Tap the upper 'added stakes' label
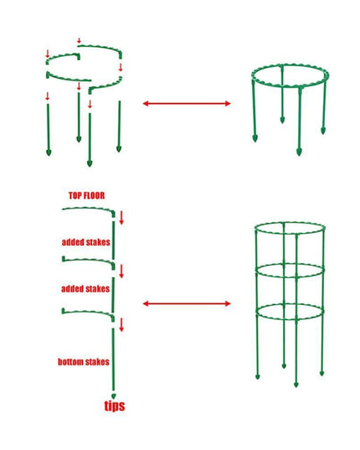(x=85, y=242)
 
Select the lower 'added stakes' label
(x=85, y=288)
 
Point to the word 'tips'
(x=115, y=406)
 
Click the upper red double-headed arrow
(x=186, y=103)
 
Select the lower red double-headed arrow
(x=186, y=303)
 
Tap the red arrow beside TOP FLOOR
(x=121, y=218)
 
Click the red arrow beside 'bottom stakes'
(x=121, y=324)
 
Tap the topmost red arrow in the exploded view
(x=80, y=41)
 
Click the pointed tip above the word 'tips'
(x=114, y=392)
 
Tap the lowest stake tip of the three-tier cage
(x=296, y=385)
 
